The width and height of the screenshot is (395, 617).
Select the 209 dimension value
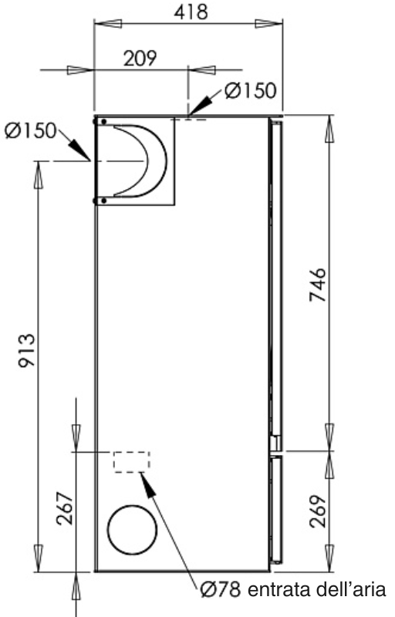tap(140, 59)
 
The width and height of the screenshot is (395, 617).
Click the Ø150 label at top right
tap(248, 90)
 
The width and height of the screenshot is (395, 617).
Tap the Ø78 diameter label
tap(221, 590)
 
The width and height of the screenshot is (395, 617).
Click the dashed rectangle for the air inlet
tap(131, 462)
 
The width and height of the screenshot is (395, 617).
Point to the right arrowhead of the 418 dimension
tap(266, 25)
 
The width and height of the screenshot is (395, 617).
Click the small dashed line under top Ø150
tap(194, 119)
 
